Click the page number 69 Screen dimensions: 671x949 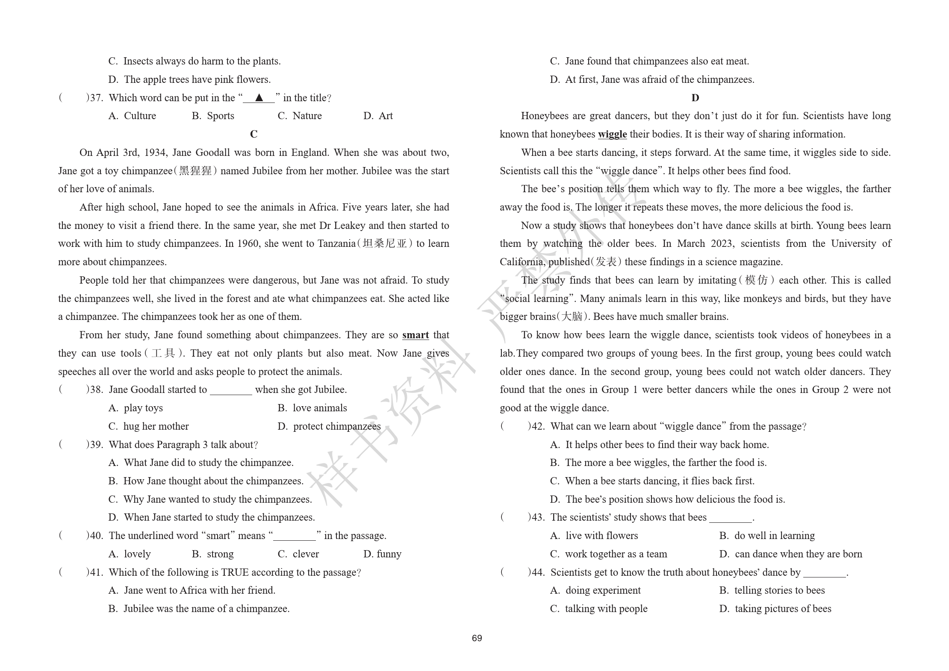click(x=477, y=638)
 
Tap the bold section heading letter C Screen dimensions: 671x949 click(x=253, y=135)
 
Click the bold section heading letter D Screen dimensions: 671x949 click(x=695, y=98)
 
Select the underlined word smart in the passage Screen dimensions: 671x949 click(x=415, y=335)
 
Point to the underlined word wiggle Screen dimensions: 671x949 click(x=612, y=135)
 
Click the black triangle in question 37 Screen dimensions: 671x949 click(x=259, y=98)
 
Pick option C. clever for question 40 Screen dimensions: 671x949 click(x=298, y=554)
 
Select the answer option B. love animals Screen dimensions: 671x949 click(x=312, y=408)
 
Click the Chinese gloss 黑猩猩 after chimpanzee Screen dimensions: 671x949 click(x=195, y=171)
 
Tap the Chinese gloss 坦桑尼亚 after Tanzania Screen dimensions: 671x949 click(x=384, y=244)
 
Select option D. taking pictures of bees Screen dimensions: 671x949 click(x=775, y=609)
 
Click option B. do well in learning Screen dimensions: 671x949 click(x=767, y=536)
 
